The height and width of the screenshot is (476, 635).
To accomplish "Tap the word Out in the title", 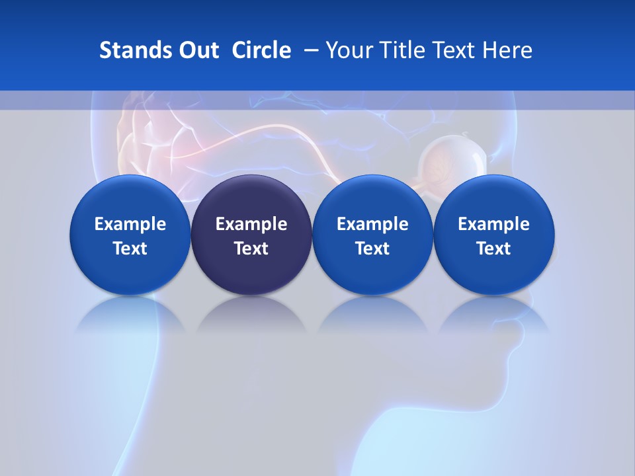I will pyautogui.click(x=197, y=50).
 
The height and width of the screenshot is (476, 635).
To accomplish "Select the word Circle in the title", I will pyautogui.click(x=261, y=50).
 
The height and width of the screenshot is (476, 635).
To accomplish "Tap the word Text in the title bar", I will pyautogui.click(x=452, y=50).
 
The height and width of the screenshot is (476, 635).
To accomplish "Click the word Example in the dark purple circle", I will pyautogui.click(x=251, y=224).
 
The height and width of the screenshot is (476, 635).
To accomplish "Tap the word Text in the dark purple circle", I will pyautogui.click(x=251, y=249).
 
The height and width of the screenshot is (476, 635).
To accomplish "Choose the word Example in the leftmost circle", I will pyautogui.click(x=130, y=224).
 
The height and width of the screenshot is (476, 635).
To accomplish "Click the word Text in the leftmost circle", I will pyautogui.click(x=130, y=249).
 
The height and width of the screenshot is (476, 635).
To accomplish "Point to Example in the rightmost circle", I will pyautogui.click(x=493, y=224).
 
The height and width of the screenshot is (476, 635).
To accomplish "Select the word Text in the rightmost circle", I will pyautogui.click(x=493, y=249).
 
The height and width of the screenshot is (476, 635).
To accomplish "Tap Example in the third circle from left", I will pyautogui.click(x=372, y=224).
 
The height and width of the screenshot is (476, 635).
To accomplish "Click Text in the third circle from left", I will pyautogui.click(x=372, y=249).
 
